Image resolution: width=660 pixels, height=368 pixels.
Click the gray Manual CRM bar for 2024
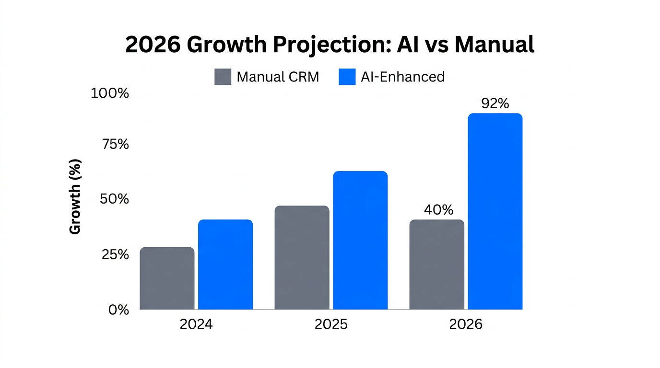coord(167,278)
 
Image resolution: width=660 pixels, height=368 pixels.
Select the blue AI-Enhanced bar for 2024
coord(225,264)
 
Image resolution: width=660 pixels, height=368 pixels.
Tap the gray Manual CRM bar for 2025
coord(302,258)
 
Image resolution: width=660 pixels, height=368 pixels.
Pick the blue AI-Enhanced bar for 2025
coord(360,241)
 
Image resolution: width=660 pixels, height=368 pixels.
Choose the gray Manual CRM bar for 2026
coord(436,264)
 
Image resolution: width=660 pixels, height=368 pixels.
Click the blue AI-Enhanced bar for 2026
coord(495,211)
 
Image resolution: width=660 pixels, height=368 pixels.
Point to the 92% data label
coord(495,103)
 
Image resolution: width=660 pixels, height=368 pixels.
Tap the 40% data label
coord(438,210)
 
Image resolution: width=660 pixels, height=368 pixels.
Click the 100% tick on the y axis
coord(110,93)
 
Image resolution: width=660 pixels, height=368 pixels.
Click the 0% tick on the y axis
coord(118,310)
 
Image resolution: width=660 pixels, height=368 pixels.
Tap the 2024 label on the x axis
coord(196,324)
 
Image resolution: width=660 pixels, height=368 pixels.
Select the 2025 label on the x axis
coord(331,324)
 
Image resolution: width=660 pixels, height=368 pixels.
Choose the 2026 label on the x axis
coord(466,324)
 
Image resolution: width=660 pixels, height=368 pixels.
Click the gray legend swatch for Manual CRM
coord(223,77)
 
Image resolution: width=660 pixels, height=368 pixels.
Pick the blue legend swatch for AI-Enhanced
coord(347,77)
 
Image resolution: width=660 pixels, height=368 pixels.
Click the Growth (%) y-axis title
coord(75,197)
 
